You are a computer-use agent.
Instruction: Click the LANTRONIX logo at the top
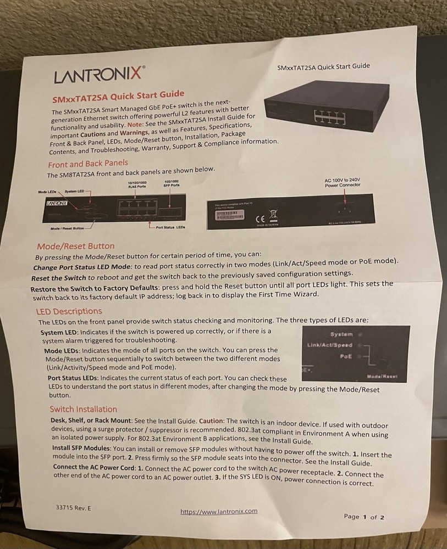pyautogui.click(x=100, y=75)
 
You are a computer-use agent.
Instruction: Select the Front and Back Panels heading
pyautogui.click(x=88, y=164)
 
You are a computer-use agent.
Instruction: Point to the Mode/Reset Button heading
pyautogui.click(x=76, y=246)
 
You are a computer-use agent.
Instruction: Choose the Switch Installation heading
pyautogui.click(x=83, y=409)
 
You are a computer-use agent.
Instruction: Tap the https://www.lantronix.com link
pyautogui.click(x=219, y=512)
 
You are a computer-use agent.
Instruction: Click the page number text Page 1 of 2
pyautogui.click(x=364, y=517)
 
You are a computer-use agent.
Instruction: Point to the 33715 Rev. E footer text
pyautogui.click(x=74, y=508)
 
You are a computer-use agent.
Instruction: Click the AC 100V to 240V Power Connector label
pyautogui.click(x=342, y=182)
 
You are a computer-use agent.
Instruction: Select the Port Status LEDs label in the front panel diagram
pyautogui.click(x=170, y=227)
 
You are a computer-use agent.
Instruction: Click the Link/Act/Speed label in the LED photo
pyautogui.click(x=330, y=345)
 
